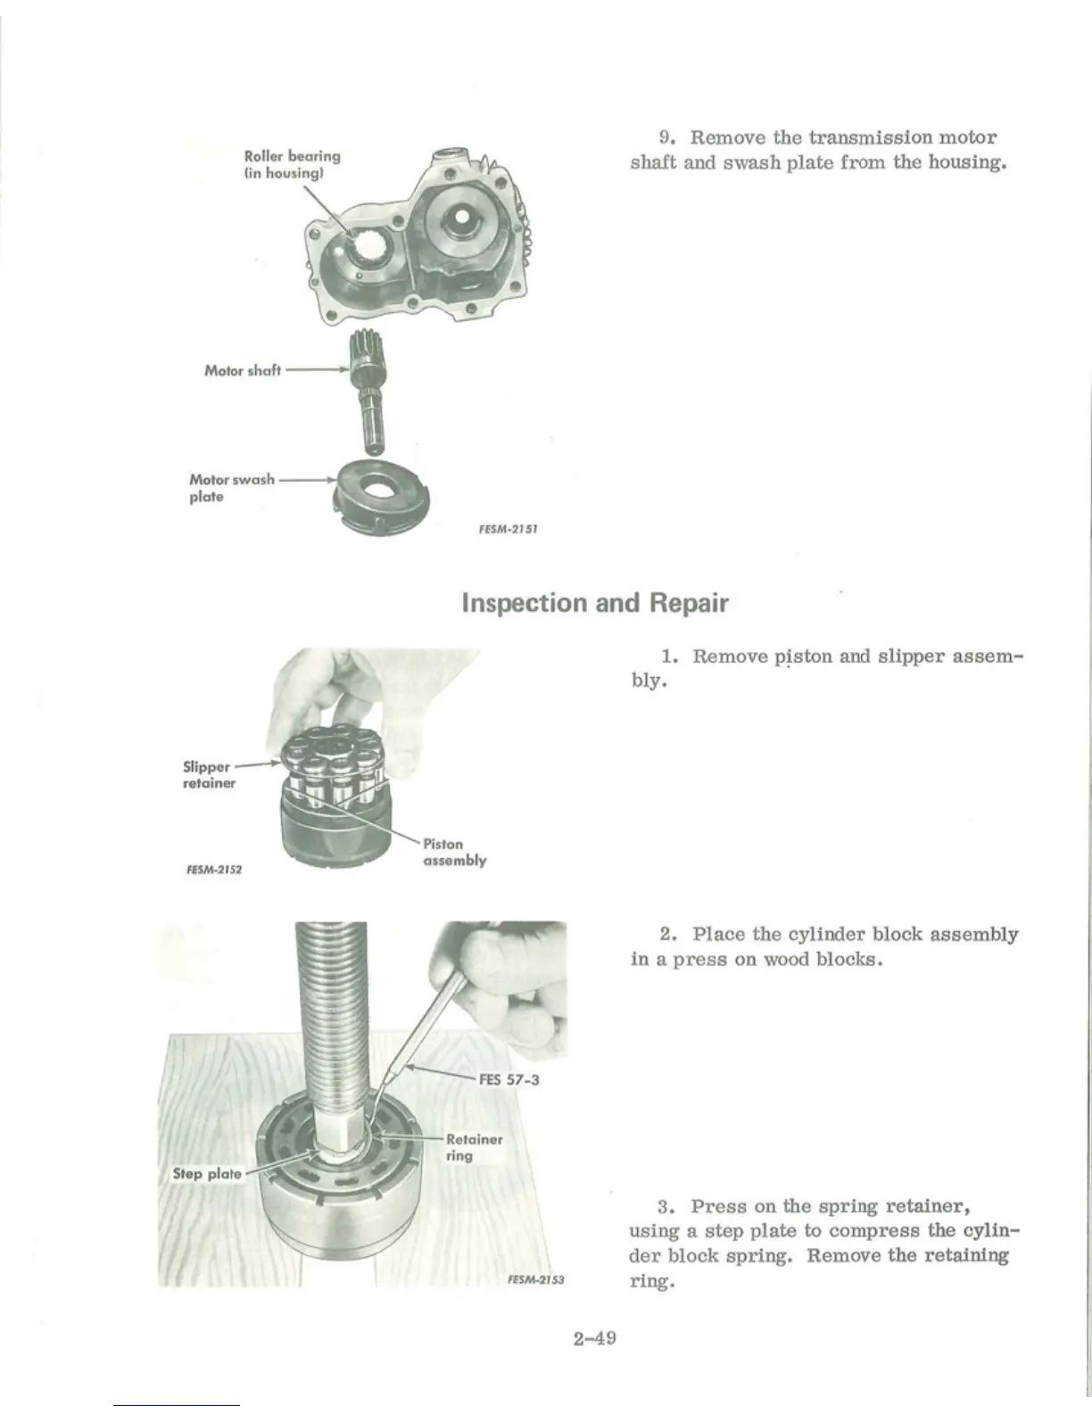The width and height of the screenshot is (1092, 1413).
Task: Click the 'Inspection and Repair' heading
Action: pos(595,603)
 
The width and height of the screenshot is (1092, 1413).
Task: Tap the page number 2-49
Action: pos(596,1338)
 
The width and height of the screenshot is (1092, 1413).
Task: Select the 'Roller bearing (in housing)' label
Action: pos(292,164)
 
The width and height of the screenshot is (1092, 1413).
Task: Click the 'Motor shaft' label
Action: pos(242,370)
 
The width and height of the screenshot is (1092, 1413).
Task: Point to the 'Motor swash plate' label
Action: pos(231,487)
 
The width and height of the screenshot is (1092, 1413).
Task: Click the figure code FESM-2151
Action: pos(507,526)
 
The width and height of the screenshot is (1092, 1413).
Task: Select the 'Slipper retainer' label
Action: pos(208,774)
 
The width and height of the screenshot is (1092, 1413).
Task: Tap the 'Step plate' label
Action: pos(206,1173)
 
